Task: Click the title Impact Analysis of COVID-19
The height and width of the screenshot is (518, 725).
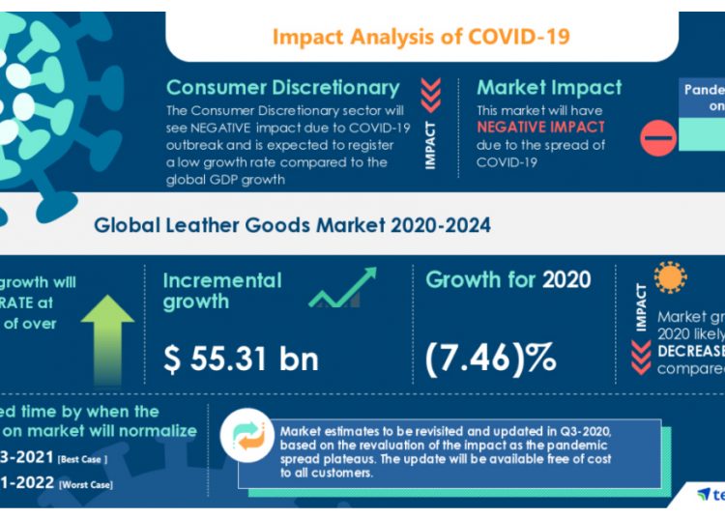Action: pyautogui.click(x=420, y=37)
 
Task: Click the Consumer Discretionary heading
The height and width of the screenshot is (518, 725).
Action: pyautogui.click(x=282, y=88)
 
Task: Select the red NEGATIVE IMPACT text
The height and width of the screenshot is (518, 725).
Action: pyautogui.click(x=540, y=127)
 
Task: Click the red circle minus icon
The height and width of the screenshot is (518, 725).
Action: pyautogui.click(x=659, y=138)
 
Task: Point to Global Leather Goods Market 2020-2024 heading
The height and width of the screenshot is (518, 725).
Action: pyautogui.click(x=292, y=225)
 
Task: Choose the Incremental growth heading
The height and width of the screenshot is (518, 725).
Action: pyautogui.click(x=221, y=291)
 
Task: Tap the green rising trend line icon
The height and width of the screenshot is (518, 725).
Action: pyautogui.click(x=342, y=288)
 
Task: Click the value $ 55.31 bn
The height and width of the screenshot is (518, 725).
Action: pyautogui.click(x=241, y=359)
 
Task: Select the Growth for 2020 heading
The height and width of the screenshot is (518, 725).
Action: pyautogui.click(x=507, y=280)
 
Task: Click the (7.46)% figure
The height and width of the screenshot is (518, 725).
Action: pyautogui.click(x=490, y=359)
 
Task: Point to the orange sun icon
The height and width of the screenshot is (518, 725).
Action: pyautogui.click(x=669, y=277)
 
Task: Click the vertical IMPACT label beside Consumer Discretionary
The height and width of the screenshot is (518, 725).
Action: pyautogui.click(x=431, y=145)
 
